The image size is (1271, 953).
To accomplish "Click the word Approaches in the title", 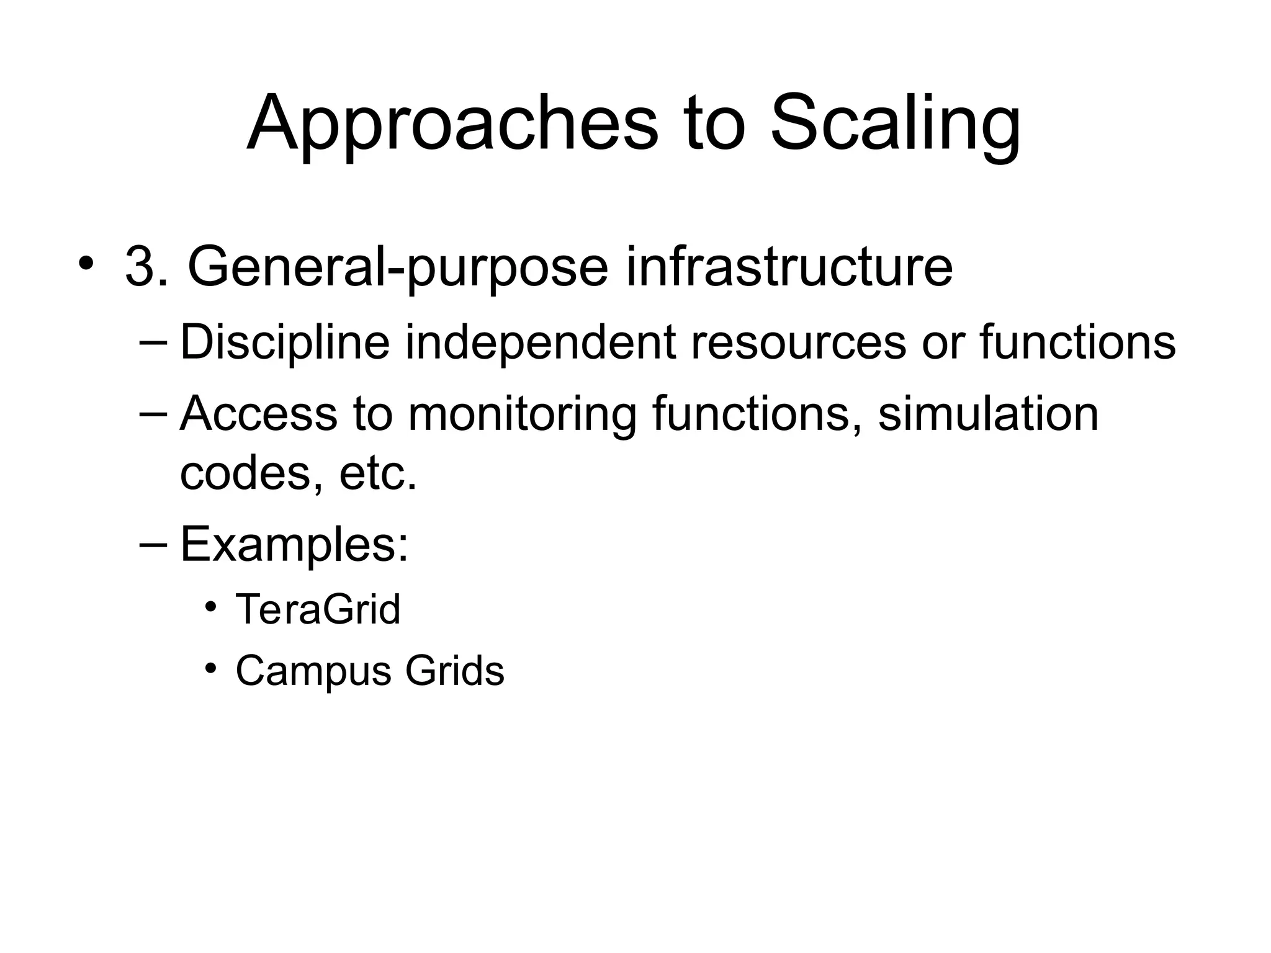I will [452, 124].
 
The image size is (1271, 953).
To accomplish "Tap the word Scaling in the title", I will [895, 124].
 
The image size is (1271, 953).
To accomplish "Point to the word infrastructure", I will [788, 267].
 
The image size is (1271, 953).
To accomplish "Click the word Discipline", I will [285, 342].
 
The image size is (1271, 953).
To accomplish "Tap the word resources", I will [797, 342].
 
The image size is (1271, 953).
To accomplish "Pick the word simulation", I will [988, 414].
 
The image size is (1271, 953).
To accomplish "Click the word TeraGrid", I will [318, 609].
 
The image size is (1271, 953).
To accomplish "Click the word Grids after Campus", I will [454, 671].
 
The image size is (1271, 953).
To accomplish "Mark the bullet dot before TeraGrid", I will [211, 606].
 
